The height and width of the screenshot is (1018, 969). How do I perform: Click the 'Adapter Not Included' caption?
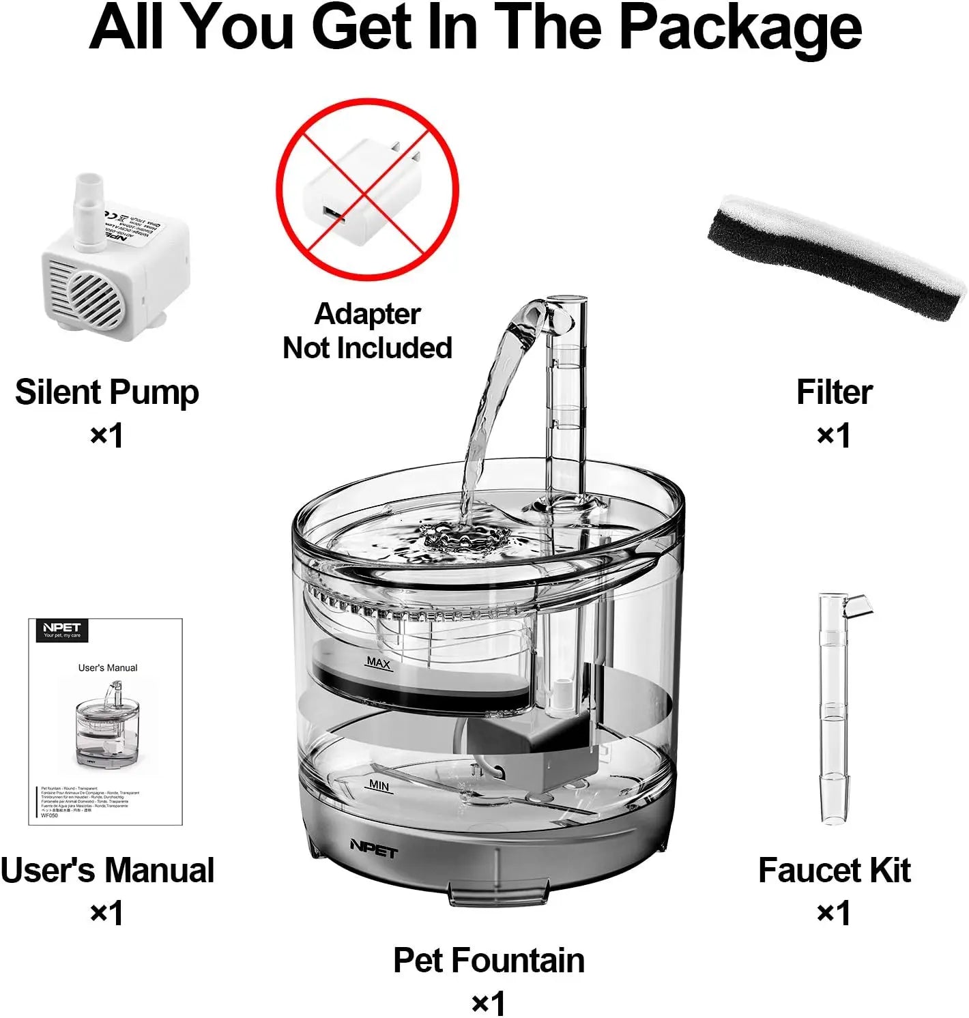point(367,331)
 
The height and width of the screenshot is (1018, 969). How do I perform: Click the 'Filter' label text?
point(834,392)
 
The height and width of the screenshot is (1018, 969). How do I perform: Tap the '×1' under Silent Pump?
point(106,435)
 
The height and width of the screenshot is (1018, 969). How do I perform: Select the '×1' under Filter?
point(834,435)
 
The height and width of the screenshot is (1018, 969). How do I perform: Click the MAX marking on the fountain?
point(378,662)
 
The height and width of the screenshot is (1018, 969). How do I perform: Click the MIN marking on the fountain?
point(379,785)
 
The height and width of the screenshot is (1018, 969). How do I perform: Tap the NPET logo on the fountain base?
point(373,848)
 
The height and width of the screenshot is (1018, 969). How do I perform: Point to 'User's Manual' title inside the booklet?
point(108,667)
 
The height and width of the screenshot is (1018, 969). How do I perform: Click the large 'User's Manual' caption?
point(107,871)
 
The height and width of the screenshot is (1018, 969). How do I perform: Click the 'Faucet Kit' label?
point(834,871)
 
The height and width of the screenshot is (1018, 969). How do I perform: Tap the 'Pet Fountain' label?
point(489,961)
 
